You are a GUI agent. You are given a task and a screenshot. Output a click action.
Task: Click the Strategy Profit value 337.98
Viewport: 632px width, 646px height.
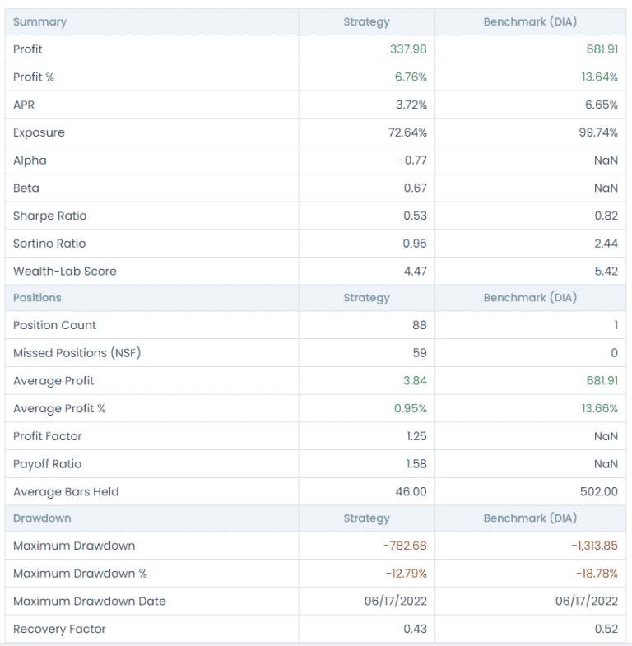tap(408, 49)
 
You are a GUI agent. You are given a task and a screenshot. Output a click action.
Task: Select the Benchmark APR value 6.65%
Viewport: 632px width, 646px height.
tap(598, 105)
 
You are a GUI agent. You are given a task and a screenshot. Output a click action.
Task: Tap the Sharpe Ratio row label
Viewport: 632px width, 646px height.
tap(49, 216)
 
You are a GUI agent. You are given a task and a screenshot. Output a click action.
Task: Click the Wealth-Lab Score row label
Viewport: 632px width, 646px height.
tap(64, 271)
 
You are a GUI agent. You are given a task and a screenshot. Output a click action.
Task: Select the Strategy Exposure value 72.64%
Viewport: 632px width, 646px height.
tap(407, 132)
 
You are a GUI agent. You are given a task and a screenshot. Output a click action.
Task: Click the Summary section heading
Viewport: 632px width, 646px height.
tap(39, 21)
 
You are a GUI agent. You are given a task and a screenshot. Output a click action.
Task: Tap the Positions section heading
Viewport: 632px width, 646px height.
tap(37, 298)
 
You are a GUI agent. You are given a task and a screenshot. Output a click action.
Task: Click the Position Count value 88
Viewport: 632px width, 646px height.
tap(420, 325)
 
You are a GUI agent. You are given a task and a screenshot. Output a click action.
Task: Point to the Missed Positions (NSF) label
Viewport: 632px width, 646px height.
tap(72, 353)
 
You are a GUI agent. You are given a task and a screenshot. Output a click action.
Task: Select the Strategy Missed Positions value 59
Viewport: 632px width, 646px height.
tap(420, 353)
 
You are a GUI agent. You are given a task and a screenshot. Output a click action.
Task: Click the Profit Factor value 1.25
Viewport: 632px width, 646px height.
tap(416, 436)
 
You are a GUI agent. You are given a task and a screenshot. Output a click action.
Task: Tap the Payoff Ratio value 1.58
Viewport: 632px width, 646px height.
tap(416, 464)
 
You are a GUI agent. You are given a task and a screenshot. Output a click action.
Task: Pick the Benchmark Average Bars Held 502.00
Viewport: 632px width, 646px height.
tap(598, 492)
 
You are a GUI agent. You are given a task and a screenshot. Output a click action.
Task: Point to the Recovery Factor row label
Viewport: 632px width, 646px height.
tap(59, 629)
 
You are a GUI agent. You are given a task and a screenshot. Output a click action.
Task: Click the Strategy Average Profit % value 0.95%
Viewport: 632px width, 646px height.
tap(411, 408)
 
